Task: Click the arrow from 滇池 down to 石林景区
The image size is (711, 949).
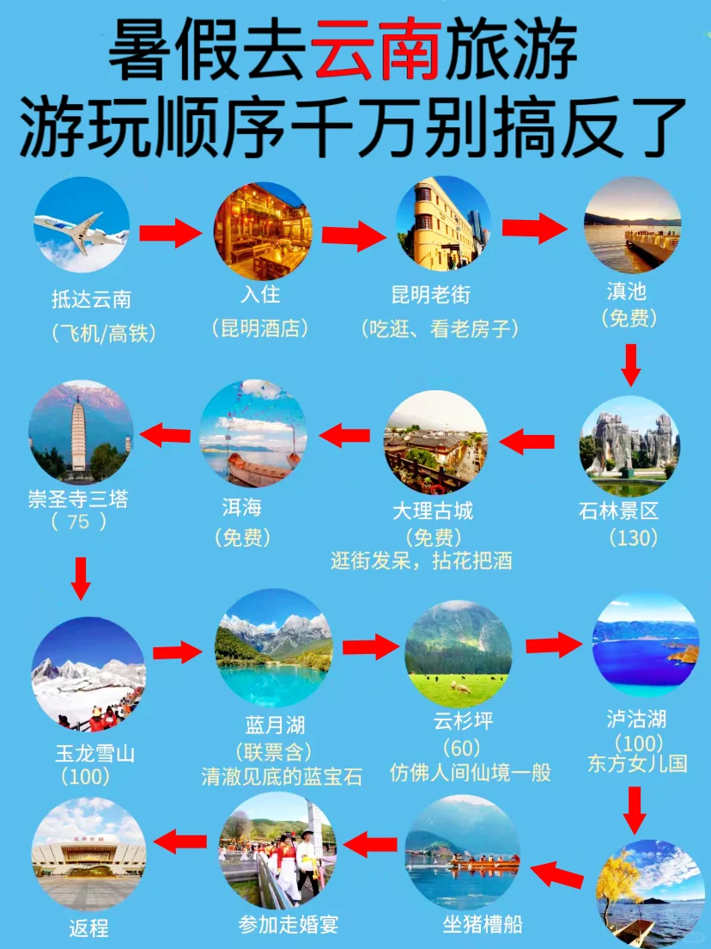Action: (631, 364)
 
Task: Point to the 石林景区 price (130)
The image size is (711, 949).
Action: (633, 538)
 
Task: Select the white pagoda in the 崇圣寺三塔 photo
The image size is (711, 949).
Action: (80, 434)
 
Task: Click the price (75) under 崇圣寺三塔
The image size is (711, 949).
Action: (78, 521)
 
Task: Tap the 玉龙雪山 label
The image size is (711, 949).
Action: (95, 754)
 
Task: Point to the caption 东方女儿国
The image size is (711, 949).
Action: (637, 763)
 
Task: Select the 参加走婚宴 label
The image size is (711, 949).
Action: (289, 925)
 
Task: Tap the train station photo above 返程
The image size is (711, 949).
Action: (88, 852)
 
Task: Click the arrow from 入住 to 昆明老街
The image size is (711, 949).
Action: (352, 233)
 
